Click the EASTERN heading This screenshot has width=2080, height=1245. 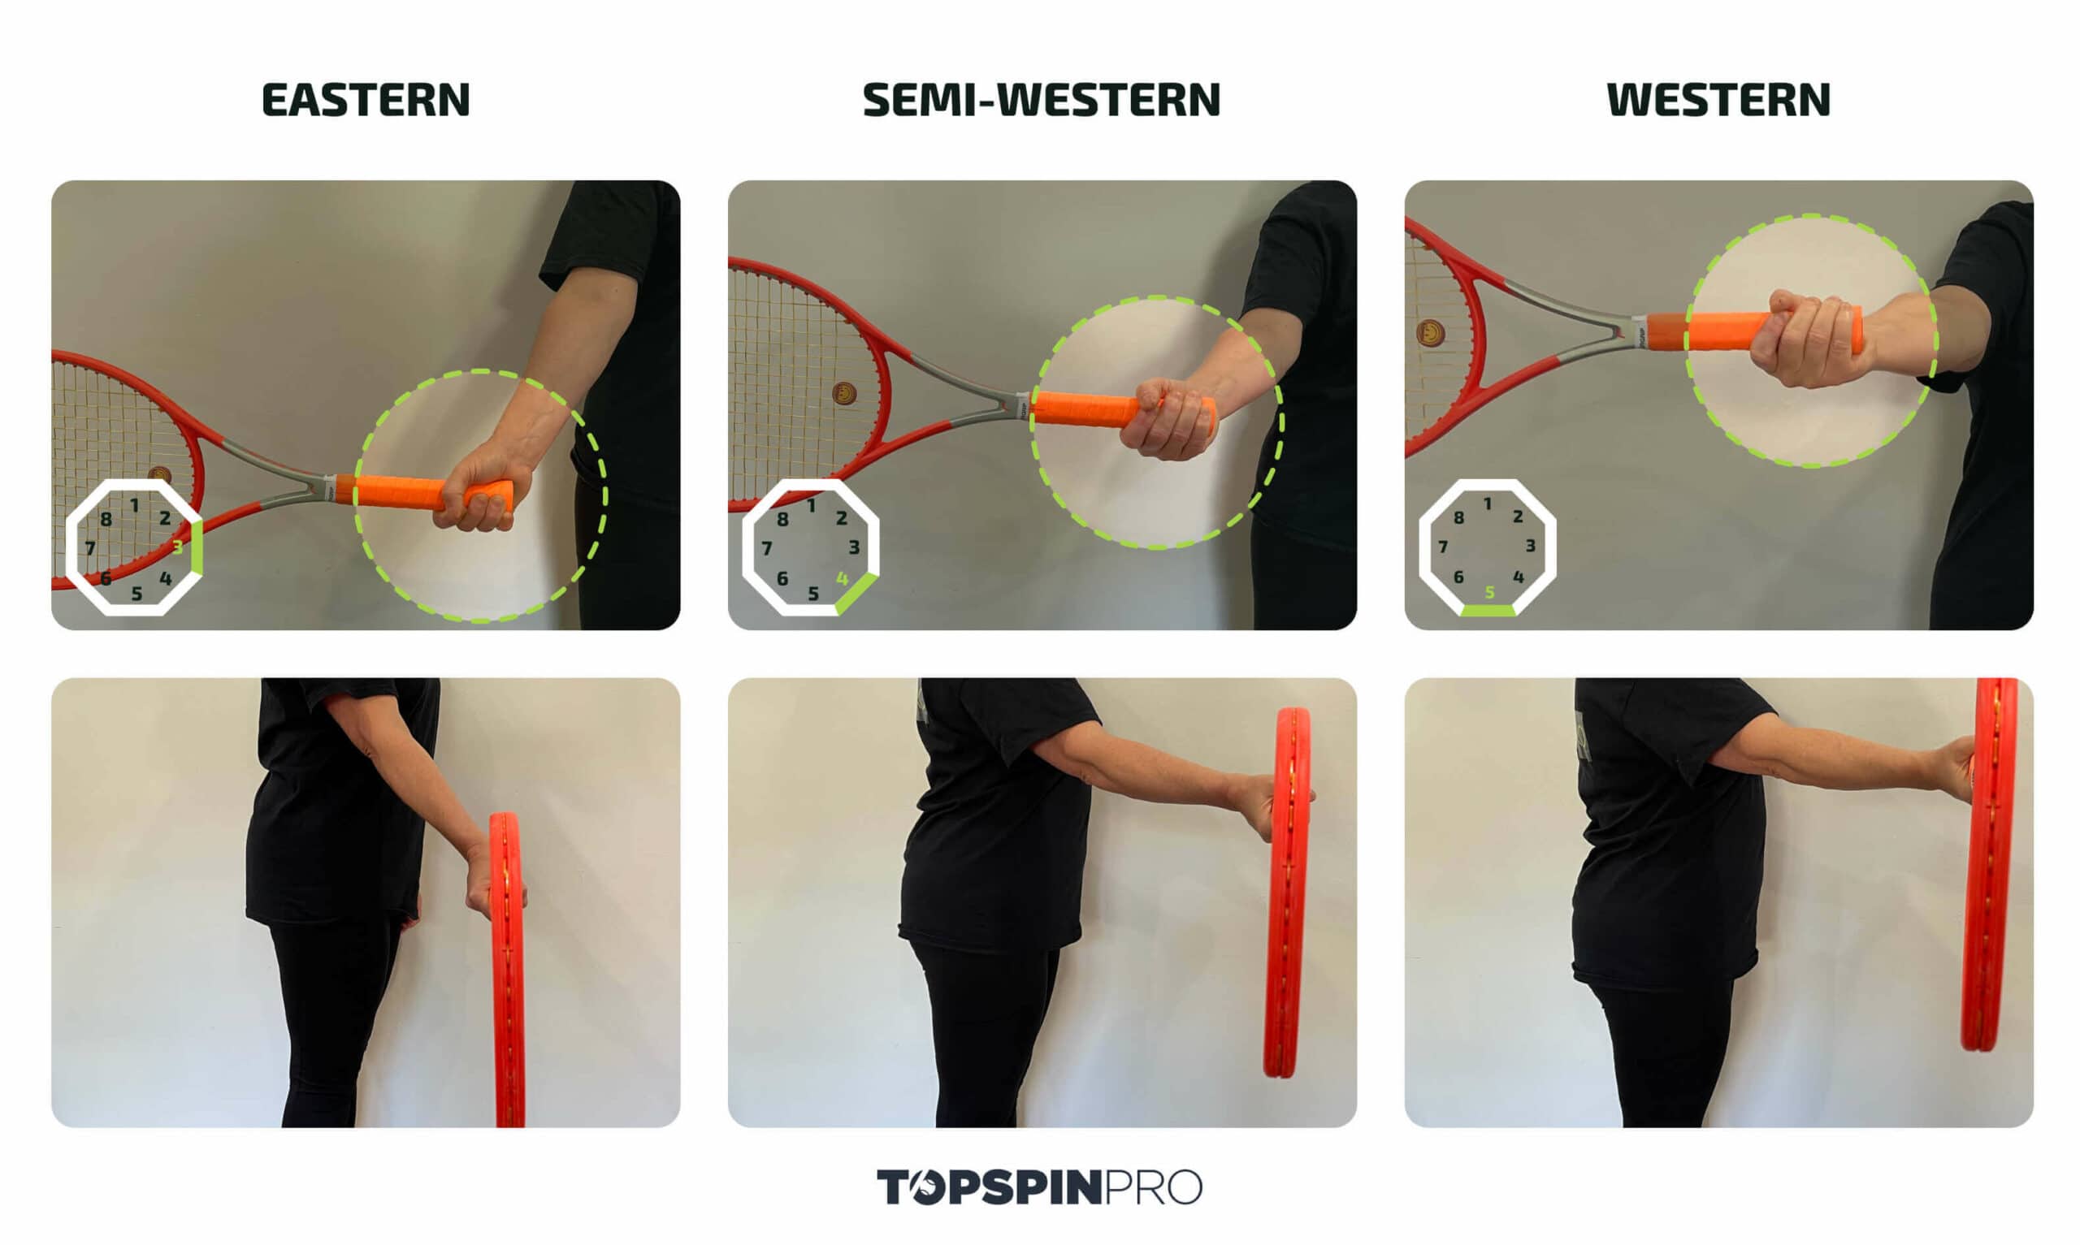[366, 100]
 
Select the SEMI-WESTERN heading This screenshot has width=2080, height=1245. [1041, 100]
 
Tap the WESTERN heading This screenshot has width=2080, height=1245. [1718, 100]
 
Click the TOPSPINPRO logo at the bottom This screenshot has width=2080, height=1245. [1038, 1187]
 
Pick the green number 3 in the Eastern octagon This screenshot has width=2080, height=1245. [177, 547]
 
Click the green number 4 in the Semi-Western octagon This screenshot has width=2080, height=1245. [842, 578]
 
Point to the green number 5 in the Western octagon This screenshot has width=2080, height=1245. [1489, 592]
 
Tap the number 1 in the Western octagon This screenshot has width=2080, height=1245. [1488, 504]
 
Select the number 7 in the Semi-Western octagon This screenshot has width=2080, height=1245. [766, 549]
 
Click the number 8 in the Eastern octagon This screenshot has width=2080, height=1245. [106, 519]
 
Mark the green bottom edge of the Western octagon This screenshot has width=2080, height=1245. [1488, 611]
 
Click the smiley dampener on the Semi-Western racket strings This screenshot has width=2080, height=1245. [844, 392]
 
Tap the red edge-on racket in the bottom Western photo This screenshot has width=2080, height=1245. [1988, 864]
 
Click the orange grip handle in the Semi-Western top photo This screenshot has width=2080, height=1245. [1082, 409]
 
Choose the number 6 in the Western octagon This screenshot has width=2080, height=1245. [1458, 577]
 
